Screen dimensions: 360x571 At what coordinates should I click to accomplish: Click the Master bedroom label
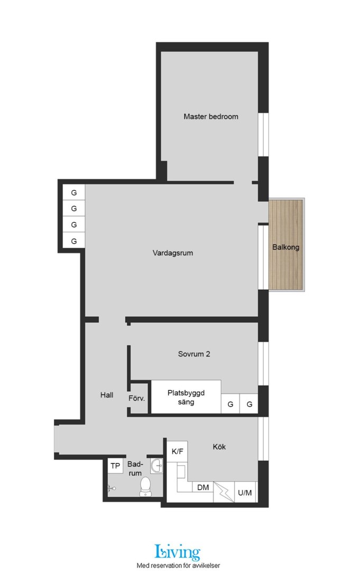(x=211, y=116)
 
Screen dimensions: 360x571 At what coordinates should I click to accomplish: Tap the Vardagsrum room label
(x=172, y=253)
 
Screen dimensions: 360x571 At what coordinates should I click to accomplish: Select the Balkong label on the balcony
(x=286, y=247)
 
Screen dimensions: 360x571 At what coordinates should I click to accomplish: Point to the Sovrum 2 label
(x=193, y=354)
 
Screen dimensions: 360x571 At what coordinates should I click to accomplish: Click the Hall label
(x=107, y=395)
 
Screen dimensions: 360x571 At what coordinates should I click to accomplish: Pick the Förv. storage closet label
(x=136, y=398)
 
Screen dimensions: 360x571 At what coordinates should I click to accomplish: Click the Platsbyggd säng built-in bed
(x=186, y=397)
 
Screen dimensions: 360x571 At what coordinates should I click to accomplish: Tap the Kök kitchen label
(x=219, y=446)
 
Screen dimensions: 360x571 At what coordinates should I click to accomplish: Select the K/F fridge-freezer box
(x=178, y=452)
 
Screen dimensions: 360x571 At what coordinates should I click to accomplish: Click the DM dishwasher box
(x=203, y=487)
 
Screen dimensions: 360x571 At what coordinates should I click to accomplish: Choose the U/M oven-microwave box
(x=245, y=492)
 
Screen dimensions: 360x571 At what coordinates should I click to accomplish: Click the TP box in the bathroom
(x=115, y=466)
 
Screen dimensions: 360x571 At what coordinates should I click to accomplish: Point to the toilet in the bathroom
(x=145, y=486)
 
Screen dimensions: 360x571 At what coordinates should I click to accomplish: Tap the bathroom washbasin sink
(x=157, y=465)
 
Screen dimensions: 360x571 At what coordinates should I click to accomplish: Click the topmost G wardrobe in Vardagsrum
(x=74, y=192)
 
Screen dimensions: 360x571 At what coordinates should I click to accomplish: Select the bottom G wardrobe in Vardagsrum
(x=74, y=241)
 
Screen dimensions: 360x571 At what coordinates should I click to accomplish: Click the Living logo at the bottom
(x=178, y=552)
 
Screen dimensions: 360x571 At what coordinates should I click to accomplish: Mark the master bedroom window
(x=263, y=135)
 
